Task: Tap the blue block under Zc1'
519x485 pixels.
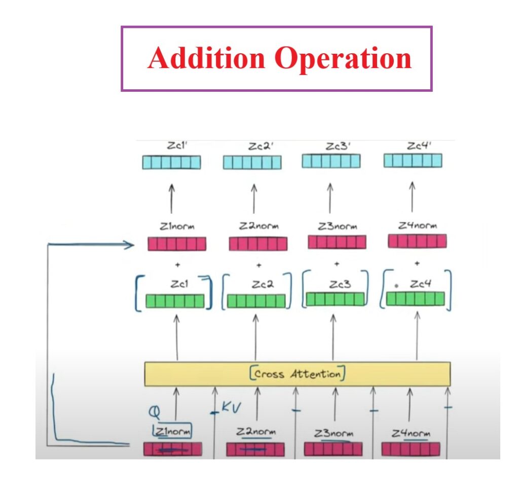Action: pos(171,162)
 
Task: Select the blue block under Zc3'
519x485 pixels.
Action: pos(331,161)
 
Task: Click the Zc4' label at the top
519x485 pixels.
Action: pos(419,146)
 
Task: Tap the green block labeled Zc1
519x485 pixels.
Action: pos(175,301)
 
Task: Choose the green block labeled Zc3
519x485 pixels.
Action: pos(335,299)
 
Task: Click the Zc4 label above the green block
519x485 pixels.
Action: pos(420,284)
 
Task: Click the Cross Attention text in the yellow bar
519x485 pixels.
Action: pos(298,374)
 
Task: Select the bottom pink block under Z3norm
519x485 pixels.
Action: pos(333,449)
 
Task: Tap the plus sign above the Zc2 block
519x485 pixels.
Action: pos(258,265)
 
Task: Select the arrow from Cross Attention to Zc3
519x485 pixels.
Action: pos(333,337)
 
